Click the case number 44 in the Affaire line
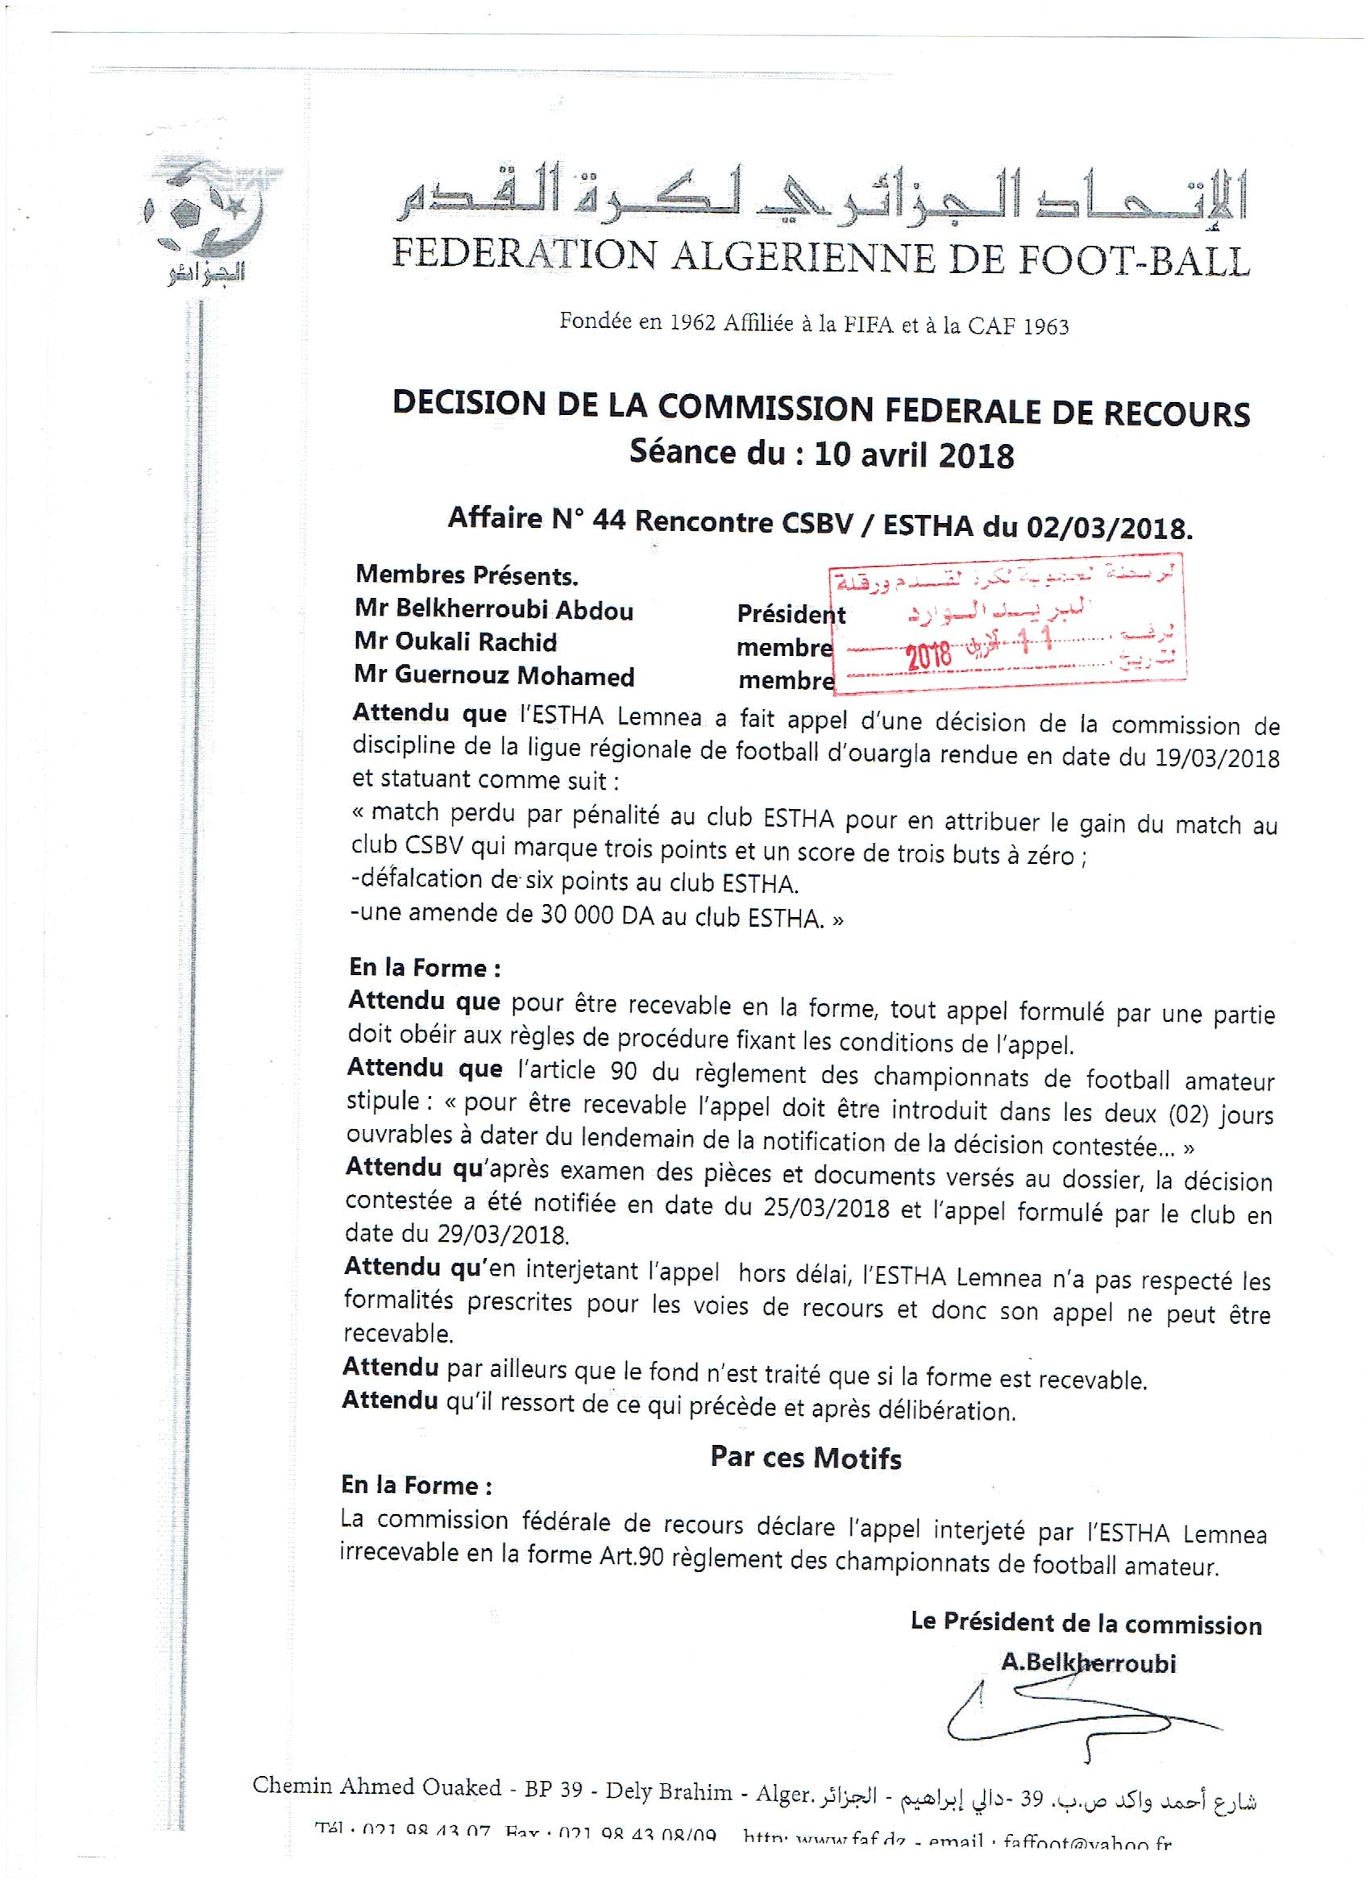click(x=614, y=521)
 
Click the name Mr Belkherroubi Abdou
click(x=493, y=611)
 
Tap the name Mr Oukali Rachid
click(x=455, y=642)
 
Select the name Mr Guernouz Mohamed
click(x=493, y=675)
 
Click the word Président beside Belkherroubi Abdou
click(x=790, y=614)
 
